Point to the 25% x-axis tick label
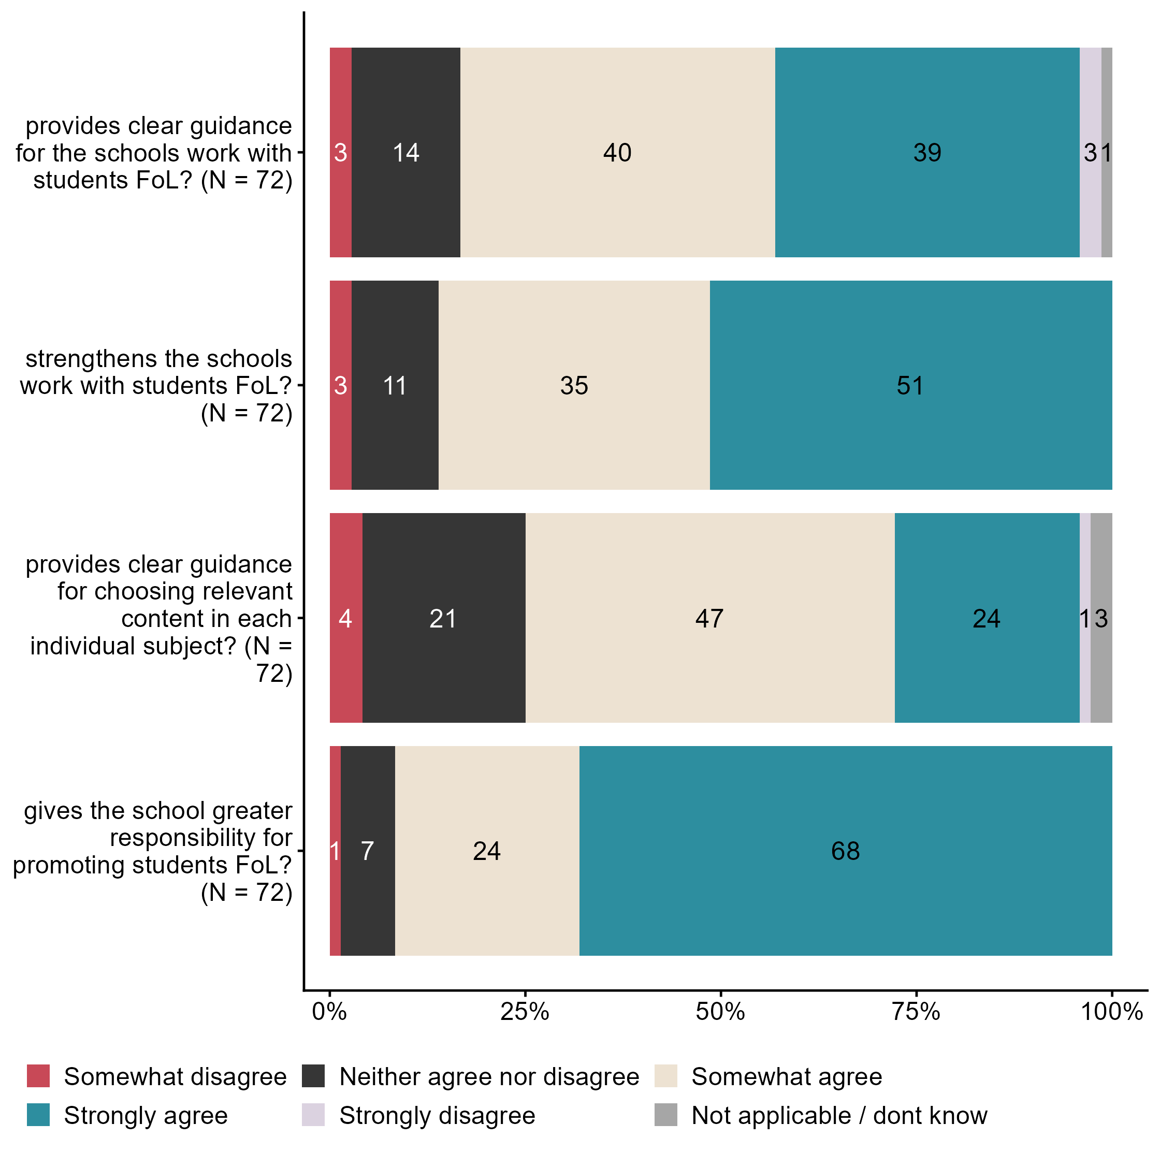coord(524,1012)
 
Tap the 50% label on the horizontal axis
coord(720,1012)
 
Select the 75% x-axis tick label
coord(916,1012)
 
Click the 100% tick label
coord(1111,1012)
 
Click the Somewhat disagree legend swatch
coord(38,1076)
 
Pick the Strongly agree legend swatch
coord(38,1115)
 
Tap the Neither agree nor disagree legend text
coord(489,1077)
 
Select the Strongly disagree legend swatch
coord(313,1115)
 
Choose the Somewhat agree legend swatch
coord(665,1076)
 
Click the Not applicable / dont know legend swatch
coord(665,1115)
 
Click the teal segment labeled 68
coord(845,851)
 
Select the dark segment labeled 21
coord(444,618)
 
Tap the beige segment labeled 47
coord(709,618)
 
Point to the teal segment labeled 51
coord(910,385)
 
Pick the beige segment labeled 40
coord(617,152)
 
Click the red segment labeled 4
coord(346,618)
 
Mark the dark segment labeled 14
coord(406,152)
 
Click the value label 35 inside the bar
coord(574,385)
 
